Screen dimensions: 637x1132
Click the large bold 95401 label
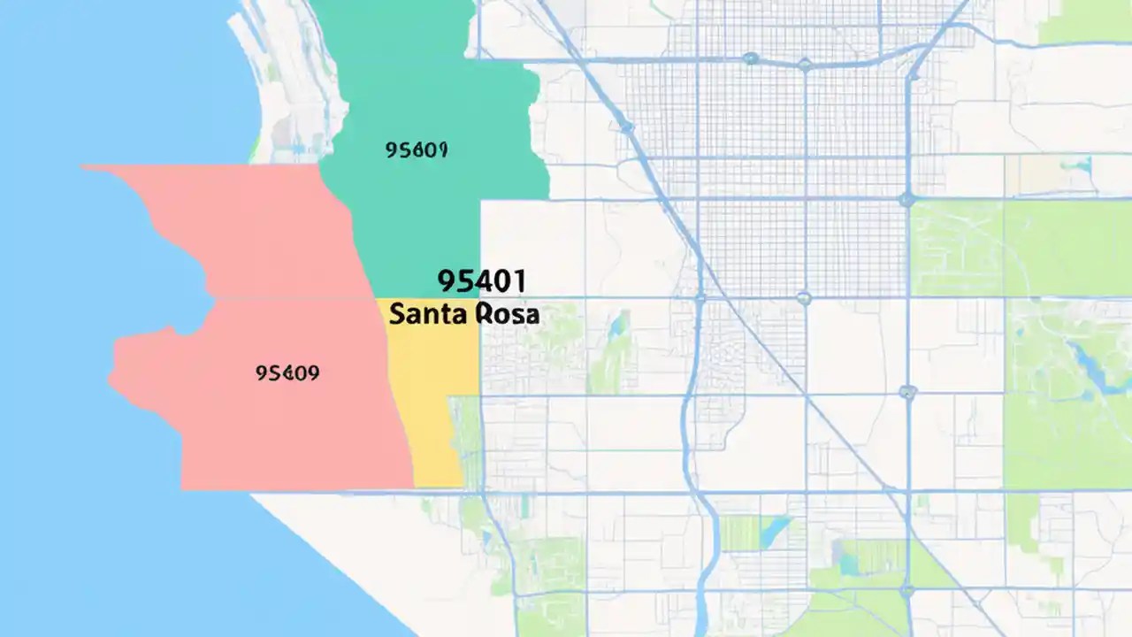[482, 281]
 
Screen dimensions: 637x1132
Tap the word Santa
[422, 314]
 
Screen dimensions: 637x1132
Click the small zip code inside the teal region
[417, 150]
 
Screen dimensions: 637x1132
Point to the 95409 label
[287, 373]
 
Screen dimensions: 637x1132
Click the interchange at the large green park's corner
[907, 200]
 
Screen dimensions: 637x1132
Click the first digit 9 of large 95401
[446, 281]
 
